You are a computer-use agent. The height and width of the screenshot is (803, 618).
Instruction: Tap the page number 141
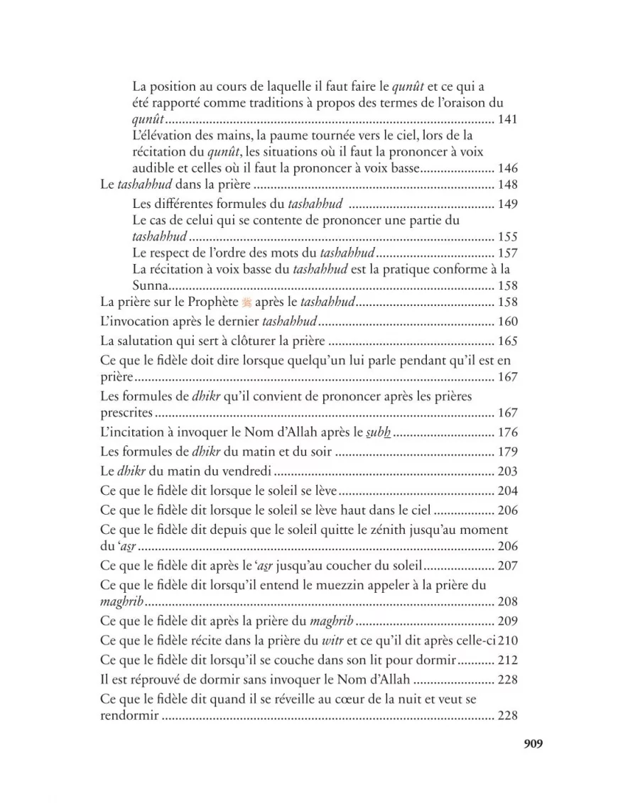(508, 119)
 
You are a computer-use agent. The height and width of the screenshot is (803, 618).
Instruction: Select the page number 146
(508, 169)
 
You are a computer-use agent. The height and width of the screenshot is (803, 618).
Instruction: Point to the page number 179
(508, 452)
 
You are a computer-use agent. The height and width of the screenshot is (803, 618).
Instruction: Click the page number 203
(508, 471)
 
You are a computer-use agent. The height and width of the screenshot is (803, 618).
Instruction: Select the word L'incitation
(131, 432)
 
